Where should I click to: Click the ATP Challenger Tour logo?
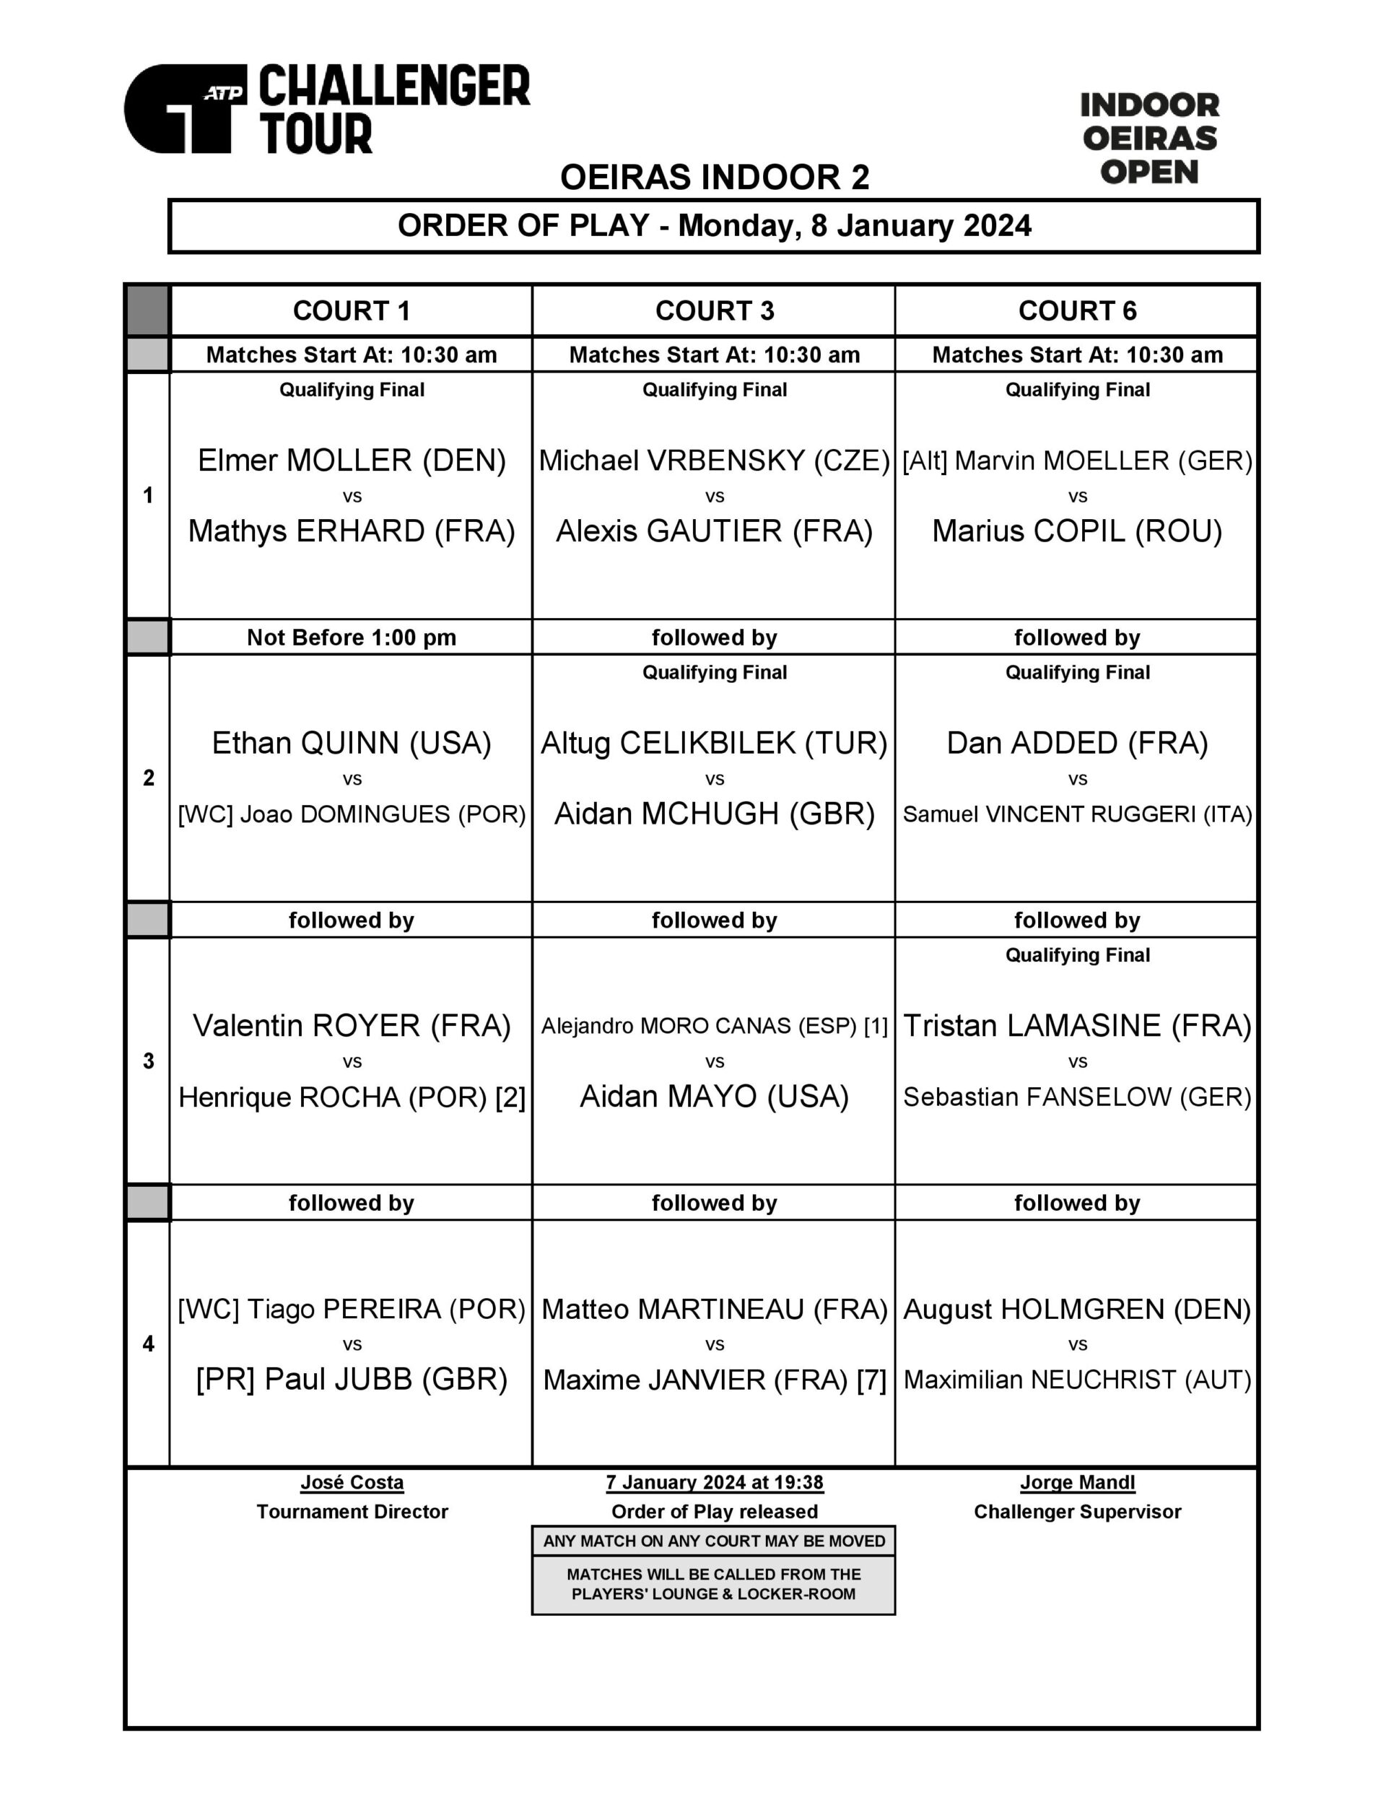pyautogui.click(x=326, y=108)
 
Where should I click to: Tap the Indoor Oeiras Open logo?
pyautogui.click(x=1149, y=138)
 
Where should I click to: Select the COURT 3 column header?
pyautogui.click(x=714, y=310)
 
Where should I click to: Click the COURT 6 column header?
pyautogui.click(x=1076, y=310)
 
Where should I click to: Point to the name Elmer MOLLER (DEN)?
pyautogui.click(x=352, y=460)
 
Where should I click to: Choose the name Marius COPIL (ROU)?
pyautogui.click(x=1076, y=531)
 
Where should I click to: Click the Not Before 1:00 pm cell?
pyautogui.click(x=352, y=637)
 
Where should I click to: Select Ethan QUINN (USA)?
pyautogui.click(x=352, y=743)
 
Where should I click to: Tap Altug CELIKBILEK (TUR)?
pyautogui.click(x=714, y=743)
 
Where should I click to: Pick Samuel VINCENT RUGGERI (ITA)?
pyautogui.click(x=1076, y=814)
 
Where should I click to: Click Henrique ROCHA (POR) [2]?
pyautogui.click(x=352, y=1097)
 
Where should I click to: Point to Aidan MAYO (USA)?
pyautogui.click(x=714, y=1097)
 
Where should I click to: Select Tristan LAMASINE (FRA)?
pyautogui.click(x=1076, y=1025)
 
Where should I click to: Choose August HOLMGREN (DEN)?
pyautogui.click(x=1076, y=1309)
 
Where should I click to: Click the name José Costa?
pyautogui.click(x=352, y=1483)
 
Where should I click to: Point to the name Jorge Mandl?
pyautogui.click(x=1076, y=1483)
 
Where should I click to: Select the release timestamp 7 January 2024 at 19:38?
pyautogui.click(x=714, y=1483)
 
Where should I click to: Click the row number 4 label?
pyautogui.click(x=148, y=1344)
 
